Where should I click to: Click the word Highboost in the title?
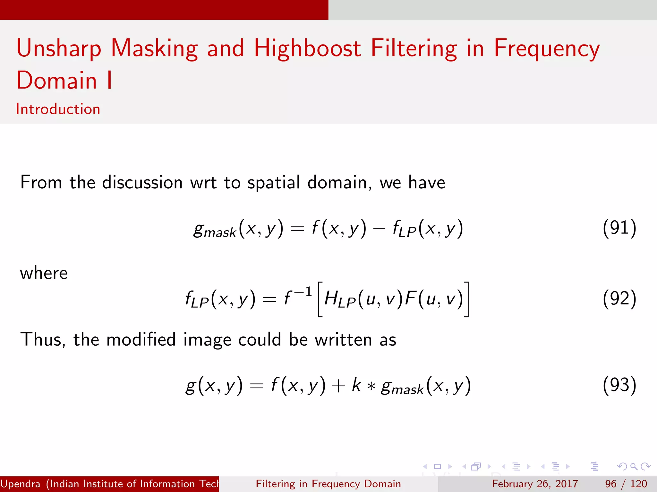[x=307, y=49]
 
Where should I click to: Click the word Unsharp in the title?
[x=59, y=49]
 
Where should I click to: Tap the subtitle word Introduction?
[x=58, y=109]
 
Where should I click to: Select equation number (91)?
[x=619, y=228]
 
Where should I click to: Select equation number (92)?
[x=619, y=299]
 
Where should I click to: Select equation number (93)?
[x=619, y=385]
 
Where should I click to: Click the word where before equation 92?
[x=44, y=273]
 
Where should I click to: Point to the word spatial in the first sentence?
[x=274, y=183]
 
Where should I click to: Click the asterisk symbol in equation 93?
[x=371, y=386]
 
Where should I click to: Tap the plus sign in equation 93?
[x=338, y=386]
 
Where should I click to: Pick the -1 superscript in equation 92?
[x=303, y=292]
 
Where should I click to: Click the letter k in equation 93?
[x=356, y=384]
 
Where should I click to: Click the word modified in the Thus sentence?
[x=141, y=340]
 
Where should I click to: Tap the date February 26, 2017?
[x=535, y=484]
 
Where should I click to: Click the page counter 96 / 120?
[x=626, y=484]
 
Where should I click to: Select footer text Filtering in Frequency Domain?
[x=328, y=484]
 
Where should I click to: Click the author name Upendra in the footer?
[x=21, y=484]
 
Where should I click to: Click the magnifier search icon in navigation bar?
[x=634, y=466]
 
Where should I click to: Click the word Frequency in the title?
[x=547, y=49]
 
